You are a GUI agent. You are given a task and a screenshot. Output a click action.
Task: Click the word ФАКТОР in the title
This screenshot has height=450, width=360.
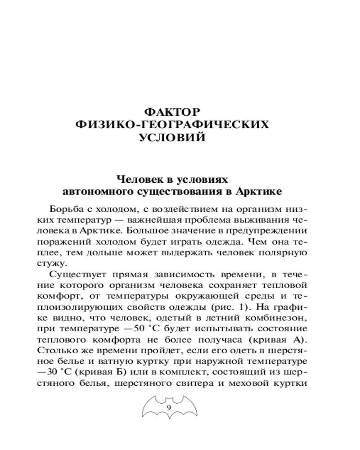click(x=173, y=110)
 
